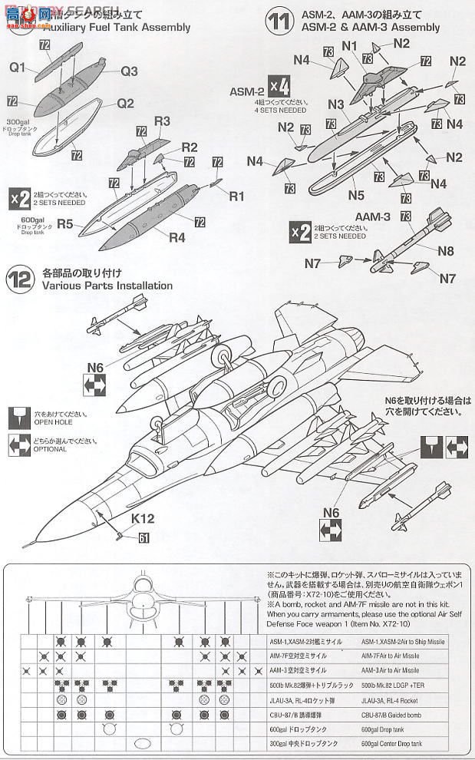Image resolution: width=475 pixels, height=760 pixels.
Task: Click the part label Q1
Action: (x=18, y=67)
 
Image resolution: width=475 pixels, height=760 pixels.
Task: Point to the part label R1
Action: (x=236, y=196)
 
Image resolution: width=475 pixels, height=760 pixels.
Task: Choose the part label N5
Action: (x=355, y=196)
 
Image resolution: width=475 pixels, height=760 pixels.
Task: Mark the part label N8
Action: (x=445, y=250)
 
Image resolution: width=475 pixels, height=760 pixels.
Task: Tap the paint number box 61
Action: (x=144, y=538)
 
